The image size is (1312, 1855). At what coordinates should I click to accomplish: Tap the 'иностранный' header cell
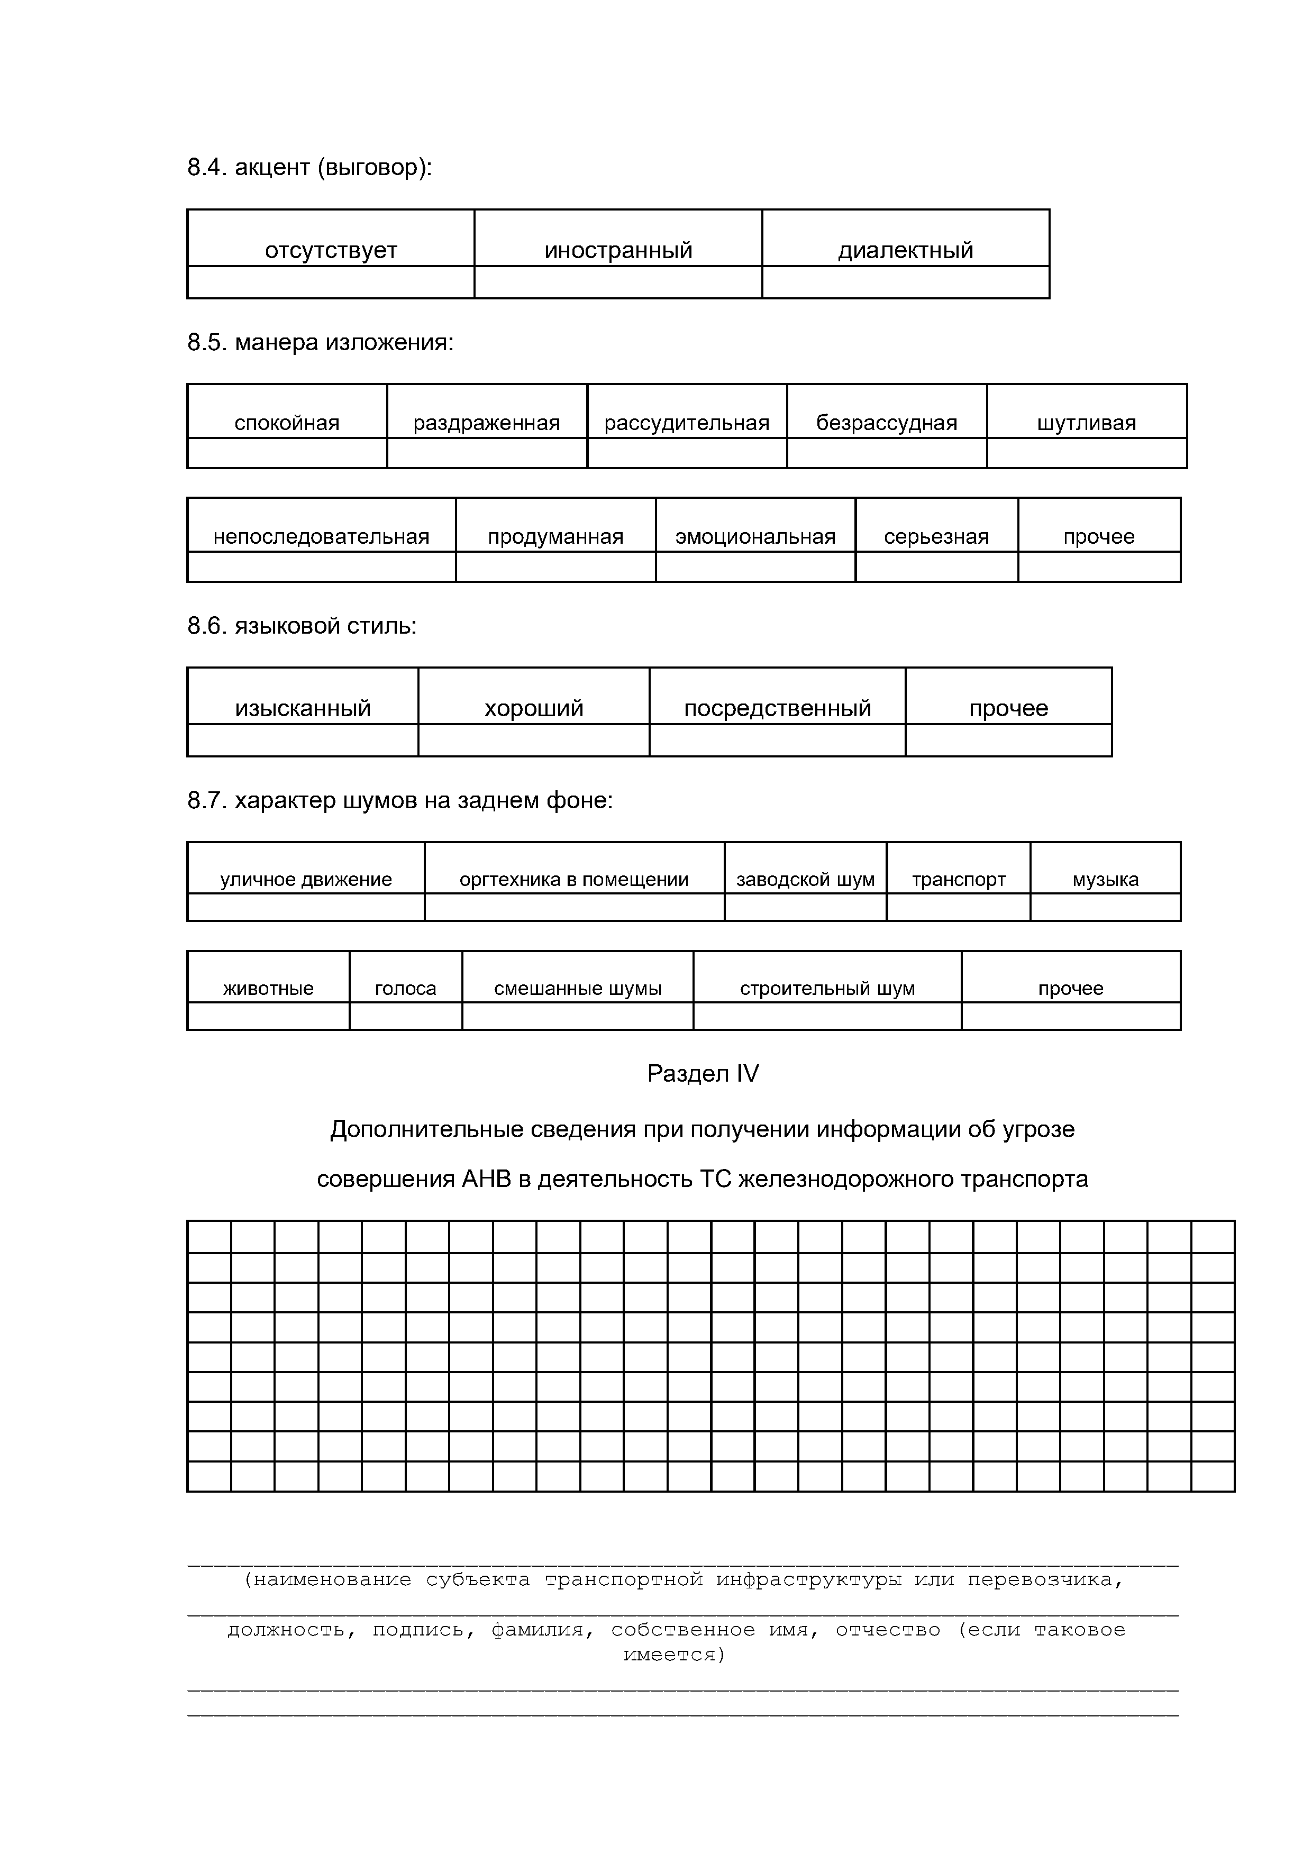[618, 250]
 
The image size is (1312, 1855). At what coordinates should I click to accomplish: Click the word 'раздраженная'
[486, 423]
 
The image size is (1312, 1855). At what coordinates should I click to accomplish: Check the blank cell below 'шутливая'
[1087, 453]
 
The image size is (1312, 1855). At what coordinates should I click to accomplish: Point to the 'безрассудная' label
[886, 423]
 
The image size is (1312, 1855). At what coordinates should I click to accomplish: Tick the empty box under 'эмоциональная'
[755, 567]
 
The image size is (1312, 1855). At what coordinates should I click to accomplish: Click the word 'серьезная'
[936, 536]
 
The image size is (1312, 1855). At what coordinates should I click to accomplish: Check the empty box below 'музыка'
[1105, 907]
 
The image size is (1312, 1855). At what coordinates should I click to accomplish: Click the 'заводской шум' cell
[806, 879]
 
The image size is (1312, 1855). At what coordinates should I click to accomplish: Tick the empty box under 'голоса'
[406, 1017]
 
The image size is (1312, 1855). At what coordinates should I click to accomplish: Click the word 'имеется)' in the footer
[675, 1655]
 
